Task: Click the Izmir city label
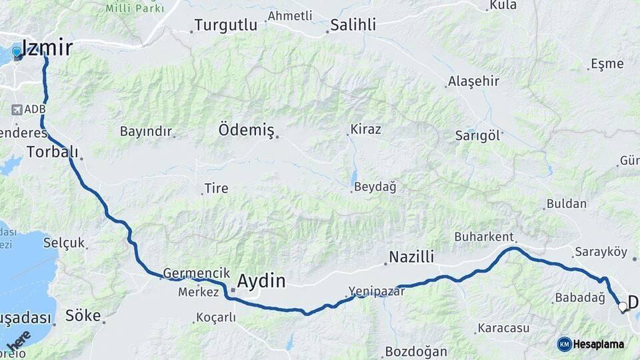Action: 47,47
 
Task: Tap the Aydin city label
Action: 261,281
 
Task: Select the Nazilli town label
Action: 411,257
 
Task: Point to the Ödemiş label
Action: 246,130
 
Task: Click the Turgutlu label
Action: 225,25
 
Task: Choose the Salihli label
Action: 353,25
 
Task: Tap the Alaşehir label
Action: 473,81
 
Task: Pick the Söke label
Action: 83,315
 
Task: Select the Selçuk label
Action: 64,243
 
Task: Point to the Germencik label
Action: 191,273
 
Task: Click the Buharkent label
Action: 483,237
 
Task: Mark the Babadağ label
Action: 579,298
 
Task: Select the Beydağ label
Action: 375,187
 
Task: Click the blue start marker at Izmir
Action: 17,51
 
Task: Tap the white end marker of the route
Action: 623,307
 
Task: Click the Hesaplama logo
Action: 591,344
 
